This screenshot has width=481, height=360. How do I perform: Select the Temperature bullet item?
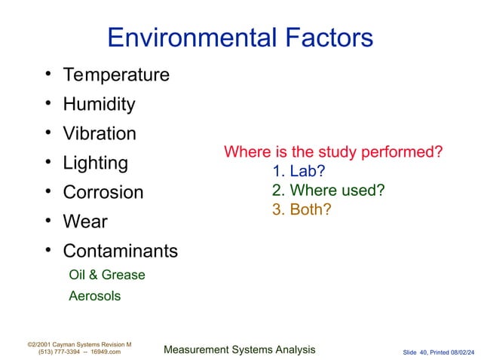tap(116, 75)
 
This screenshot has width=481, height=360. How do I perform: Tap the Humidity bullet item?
tap(99, 105)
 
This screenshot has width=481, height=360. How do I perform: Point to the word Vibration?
tap(100, 134)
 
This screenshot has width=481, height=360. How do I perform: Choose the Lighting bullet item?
tap(95, 163)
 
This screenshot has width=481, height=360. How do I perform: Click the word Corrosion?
tap(103, 192)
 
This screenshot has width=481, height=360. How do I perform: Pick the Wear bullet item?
tap(85, 222)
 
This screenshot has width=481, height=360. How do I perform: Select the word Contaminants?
tap(121, 251)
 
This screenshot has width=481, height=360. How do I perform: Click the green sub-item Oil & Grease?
tap(106, 275)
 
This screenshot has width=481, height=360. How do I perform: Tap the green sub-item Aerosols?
tap(94, 296)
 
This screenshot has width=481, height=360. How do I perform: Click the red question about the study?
tap(333, 153)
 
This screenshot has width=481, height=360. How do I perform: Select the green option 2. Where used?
tap(328, 190)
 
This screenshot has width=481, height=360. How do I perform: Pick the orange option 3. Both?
tap(302, 209)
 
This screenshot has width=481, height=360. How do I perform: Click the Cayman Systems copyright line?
tap(79, 343)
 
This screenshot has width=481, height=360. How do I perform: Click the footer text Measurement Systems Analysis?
tap(239, 349)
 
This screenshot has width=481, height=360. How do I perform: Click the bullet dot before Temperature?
tap(47, 75)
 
